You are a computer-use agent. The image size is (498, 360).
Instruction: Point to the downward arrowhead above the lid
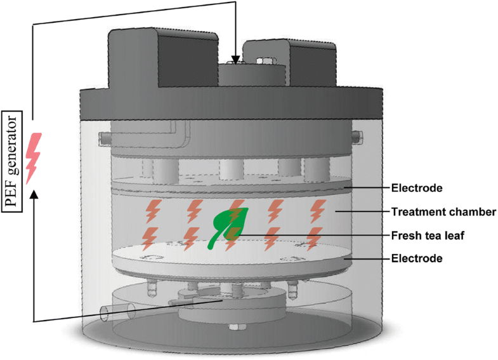(236, 60)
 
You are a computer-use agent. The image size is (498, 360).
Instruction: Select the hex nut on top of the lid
(265, 62)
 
